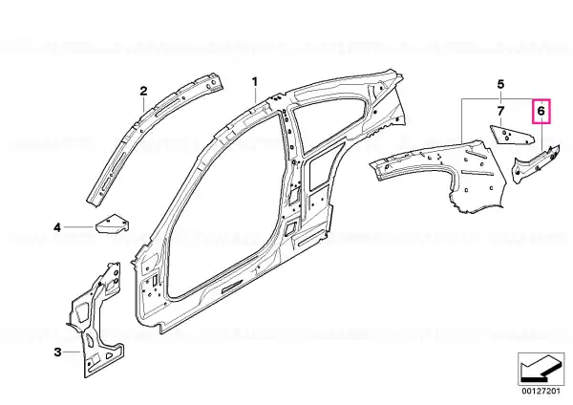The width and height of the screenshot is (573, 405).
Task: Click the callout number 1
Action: coord(255,81)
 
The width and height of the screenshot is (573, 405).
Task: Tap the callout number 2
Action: coord(143,91)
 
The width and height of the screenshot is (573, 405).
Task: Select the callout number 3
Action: coord(57,352)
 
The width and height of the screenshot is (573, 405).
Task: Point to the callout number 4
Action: coord(57,227)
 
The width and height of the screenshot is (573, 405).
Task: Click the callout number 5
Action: coord(500,84)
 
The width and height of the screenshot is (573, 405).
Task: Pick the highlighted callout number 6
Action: coord(541,111)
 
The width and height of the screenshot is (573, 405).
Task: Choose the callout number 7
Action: coord(500,111)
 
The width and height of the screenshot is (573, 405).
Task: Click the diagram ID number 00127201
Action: coord(541,391)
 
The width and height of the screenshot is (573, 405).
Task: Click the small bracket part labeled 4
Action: coord(112,224)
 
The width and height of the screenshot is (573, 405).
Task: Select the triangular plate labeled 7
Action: coord(512,135)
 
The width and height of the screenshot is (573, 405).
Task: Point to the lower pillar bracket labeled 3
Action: coord(95,322)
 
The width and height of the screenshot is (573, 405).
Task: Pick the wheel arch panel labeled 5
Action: coord(446,172)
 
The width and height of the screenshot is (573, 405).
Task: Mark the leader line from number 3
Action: coord(72,352)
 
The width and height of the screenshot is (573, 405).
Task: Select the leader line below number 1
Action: coord(255,96)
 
